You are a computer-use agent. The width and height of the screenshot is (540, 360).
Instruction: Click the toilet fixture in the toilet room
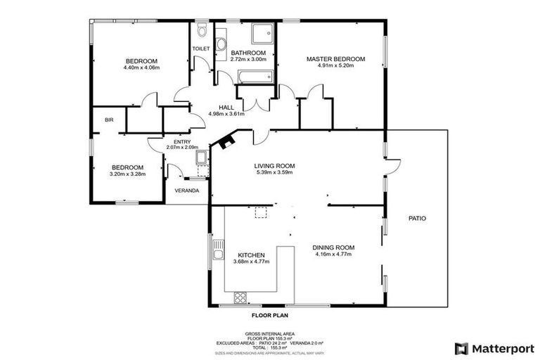click(201, 30)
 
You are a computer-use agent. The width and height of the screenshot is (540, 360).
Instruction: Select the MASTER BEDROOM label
click(335, 59)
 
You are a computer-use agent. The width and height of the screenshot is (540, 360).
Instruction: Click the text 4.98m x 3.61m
click(226, 114)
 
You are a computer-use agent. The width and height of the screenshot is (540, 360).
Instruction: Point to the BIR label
click(109, 120)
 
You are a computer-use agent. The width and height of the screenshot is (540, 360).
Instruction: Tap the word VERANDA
click(186, 191)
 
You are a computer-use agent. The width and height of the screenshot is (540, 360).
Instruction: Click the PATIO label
click(417, 218)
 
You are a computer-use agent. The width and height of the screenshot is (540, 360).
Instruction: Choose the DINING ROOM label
click(335, 247)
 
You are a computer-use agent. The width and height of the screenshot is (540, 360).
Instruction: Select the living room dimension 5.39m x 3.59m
click(274, 172)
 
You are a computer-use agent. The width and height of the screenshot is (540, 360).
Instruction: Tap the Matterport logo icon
click(461, 348)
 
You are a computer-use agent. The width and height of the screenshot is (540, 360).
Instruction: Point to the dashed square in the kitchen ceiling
click(261, 212)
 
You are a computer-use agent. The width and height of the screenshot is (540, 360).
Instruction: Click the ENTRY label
click(172, 141)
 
